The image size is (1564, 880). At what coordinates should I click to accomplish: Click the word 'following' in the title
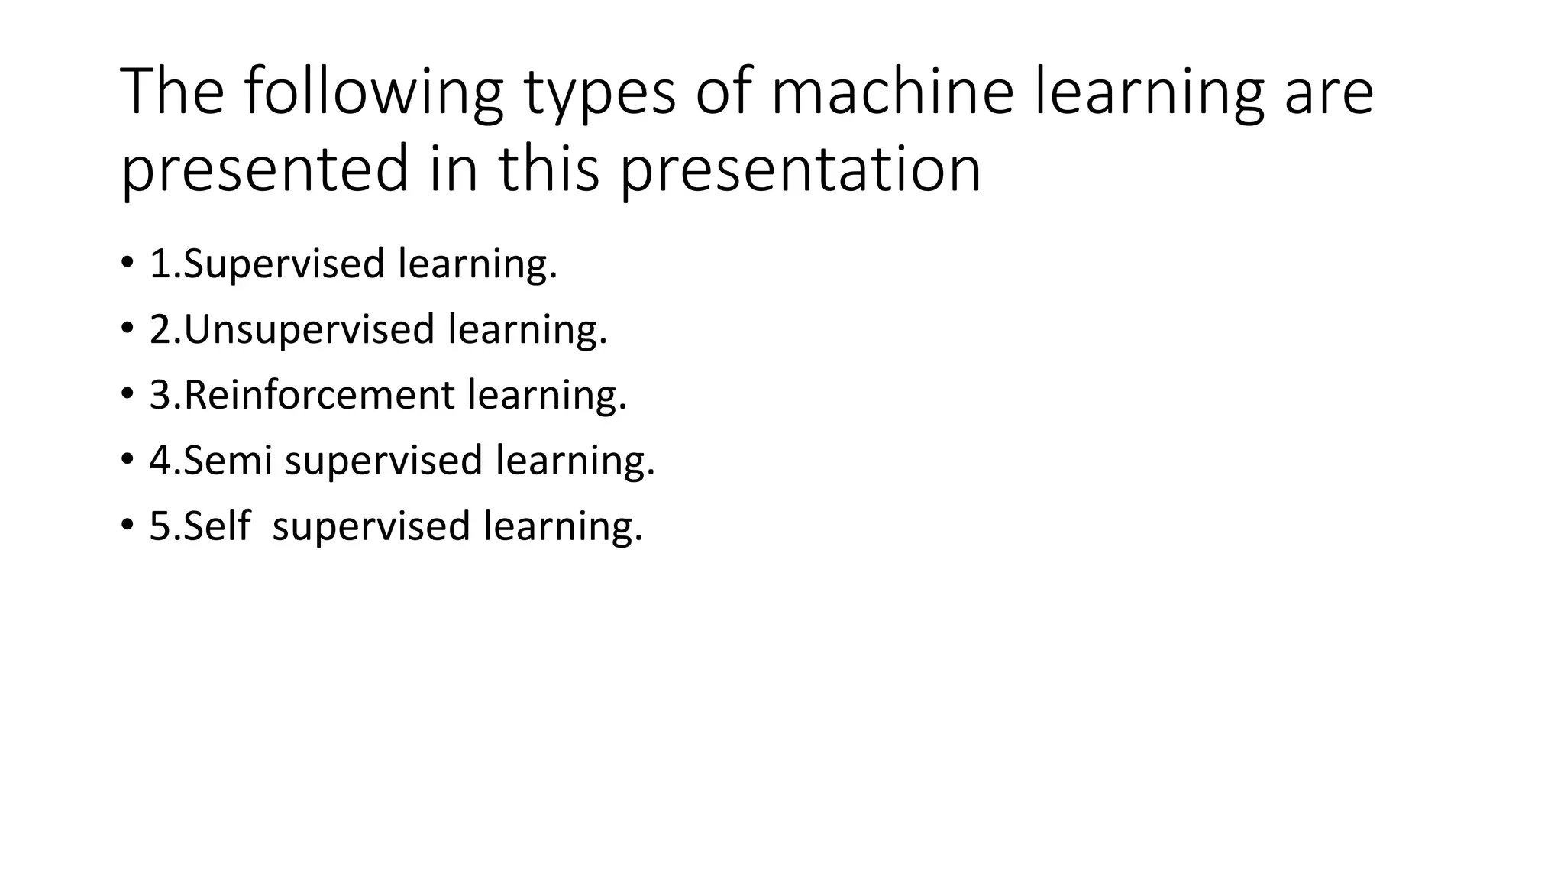[x=373, y=93]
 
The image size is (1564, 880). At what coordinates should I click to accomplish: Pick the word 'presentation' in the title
[x=800, y=170]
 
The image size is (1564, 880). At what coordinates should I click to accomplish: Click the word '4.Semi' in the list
[x=211, y=461]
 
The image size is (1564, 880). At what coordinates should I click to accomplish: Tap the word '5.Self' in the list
[x=199, y=526]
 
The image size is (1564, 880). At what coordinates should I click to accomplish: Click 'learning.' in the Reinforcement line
[x=547, y=396]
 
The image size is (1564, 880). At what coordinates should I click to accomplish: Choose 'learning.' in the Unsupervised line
[x=528, y=330]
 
